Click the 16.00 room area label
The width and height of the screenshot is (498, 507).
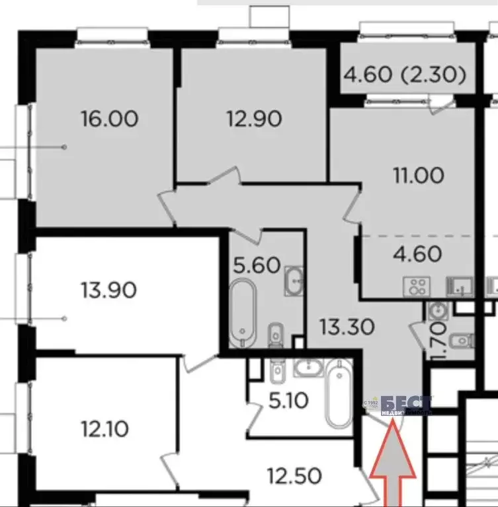pyautogui.click(x=109, y=119)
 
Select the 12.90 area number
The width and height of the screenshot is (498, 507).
pyautogui.click(x=253, y=119)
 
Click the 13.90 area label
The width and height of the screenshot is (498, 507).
pyautogui.click(x=109, y=289)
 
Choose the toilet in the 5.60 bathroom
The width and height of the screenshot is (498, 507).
pyautogui.click(x=275, y=336)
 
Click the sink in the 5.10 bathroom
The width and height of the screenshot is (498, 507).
pyautogui.click(x=306, y=368)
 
